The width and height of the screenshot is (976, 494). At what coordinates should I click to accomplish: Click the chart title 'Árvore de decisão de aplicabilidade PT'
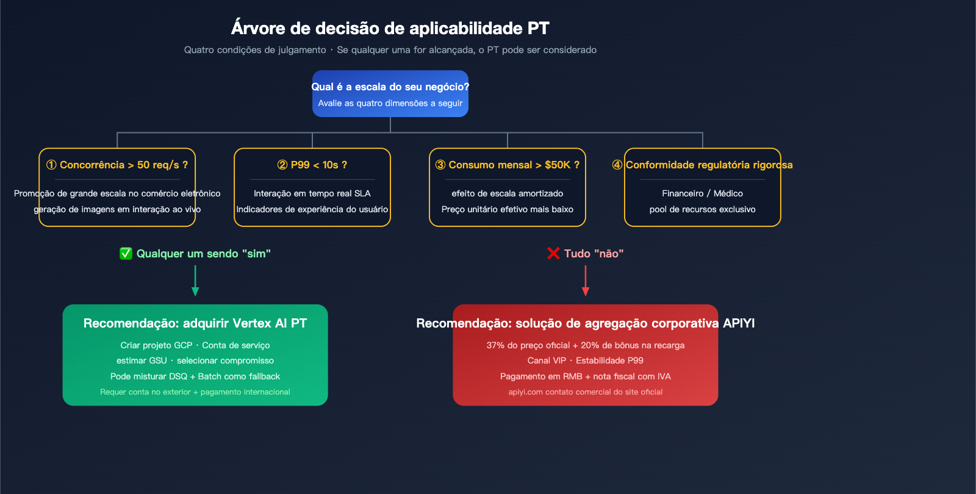(390, 28)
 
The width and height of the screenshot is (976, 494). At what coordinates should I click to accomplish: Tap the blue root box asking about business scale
(390, 93)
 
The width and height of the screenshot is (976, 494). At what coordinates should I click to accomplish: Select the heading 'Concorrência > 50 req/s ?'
(117, 165)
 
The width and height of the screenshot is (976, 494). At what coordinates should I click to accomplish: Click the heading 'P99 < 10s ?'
(312, 165)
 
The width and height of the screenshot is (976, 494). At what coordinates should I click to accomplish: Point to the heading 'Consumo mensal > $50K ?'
(508, 165)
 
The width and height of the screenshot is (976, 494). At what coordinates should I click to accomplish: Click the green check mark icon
(126, 254)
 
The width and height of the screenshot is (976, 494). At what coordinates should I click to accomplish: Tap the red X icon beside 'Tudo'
(553, 254)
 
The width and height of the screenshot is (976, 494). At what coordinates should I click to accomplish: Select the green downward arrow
(195, 281)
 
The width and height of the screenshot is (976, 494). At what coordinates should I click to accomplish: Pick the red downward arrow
(586, 281)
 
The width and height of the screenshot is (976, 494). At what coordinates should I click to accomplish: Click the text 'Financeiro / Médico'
(703, 193)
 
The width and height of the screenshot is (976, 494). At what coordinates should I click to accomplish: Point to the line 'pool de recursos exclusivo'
(703, 209)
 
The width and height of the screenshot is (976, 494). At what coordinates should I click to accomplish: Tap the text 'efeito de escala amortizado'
(508, 193)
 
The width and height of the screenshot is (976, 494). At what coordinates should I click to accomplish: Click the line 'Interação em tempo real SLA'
(312, 193)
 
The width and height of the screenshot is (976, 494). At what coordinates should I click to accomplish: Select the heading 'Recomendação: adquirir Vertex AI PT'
(195, 323)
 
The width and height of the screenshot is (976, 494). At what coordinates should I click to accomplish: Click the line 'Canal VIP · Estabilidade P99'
(586, 360)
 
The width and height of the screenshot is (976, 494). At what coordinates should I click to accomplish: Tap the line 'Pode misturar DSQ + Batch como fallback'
(195, 376)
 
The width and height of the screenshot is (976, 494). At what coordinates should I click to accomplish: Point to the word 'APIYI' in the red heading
(739, 323)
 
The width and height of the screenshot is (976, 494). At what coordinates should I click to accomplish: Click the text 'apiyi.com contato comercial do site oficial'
(586, 392)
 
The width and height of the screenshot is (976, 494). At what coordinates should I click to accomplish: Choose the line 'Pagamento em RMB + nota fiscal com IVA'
(586, 376)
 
